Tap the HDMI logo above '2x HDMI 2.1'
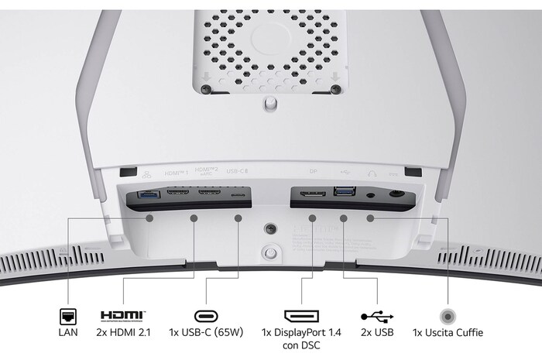click(122, 316)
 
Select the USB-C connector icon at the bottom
click(206, 316)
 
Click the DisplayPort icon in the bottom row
click(301, 316)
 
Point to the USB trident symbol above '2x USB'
click(377, 316)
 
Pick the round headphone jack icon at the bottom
click(448, 316)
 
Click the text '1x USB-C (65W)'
click(207, 334)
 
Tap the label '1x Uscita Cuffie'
click(448, 334)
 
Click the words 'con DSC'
click(302, 345)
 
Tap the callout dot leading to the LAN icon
click(150, 218)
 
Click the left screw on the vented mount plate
click(204, 89)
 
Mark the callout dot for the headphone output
click(370, 218)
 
